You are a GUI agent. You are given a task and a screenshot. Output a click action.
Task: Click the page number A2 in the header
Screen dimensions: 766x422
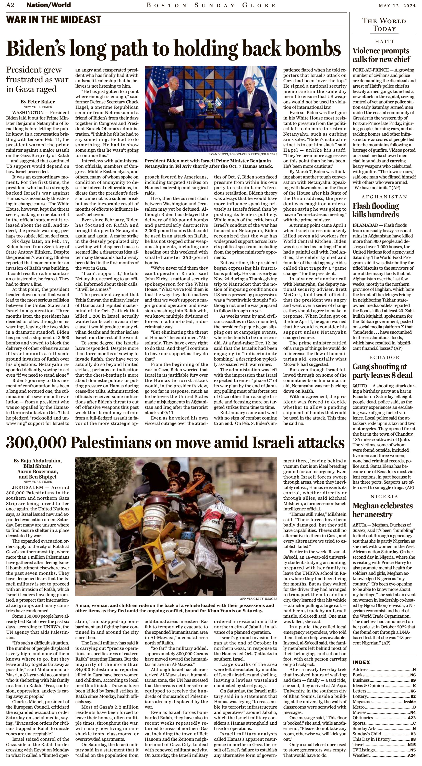pos(10,5)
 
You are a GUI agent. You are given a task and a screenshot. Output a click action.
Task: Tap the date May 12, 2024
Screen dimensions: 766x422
pos(397,5)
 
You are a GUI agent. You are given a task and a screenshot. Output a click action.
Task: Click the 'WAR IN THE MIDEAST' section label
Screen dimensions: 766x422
pos(54,20)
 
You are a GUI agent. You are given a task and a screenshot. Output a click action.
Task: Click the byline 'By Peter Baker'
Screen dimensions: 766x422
pos(38,102)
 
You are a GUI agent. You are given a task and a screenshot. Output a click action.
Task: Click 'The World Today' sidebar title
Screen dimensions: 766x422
pos(384,25)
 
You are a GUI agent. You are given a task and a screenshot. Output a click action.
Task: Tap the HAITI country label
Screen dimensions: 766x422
pos(384,42)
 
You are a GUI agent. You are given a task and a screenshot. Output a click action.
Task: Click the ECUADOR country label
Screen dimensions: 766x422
pos(384,357)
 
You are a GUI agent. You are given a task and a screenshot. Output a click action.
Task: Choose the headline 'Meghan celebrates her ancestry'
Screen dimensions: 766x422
pos(382,510)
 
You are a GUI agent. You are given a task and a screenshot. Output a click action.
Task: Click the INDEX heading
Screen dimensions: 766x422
pos(361,662)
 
